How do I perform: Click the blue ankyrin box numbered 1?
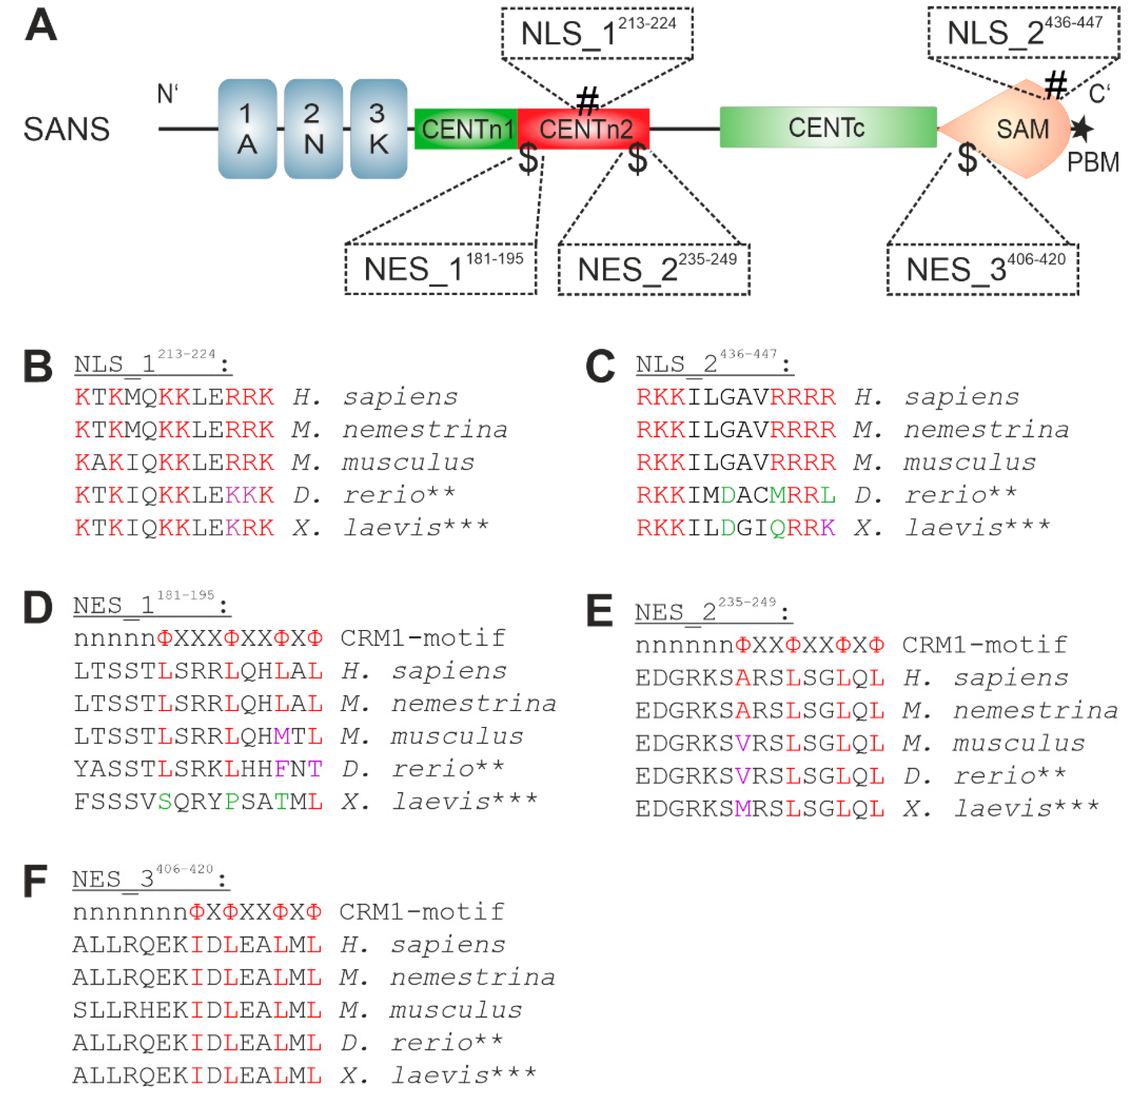coord(247,129)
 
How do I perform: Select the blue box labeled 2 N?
coord(313,129)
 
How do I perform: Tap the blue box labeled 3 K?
coord(379,129)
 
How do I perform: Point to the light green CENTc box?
coord(827,127)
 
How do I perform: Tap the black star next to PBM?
coord(1081,129)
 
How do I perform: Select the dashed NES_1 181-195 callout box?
coord(441,269)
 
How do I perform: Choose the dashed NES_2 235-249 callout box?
coord(653,270)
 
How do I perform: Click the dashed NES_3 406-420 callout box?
coord(982,270)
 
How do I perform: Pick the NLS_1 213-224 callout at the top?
coord(597,33)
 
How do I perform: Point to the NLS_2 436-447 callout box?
coord(1023,33)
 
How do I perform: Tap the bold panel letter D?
coord(38,608)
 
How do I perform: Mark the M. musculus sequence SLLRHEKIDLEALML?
coord(197,1010)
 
